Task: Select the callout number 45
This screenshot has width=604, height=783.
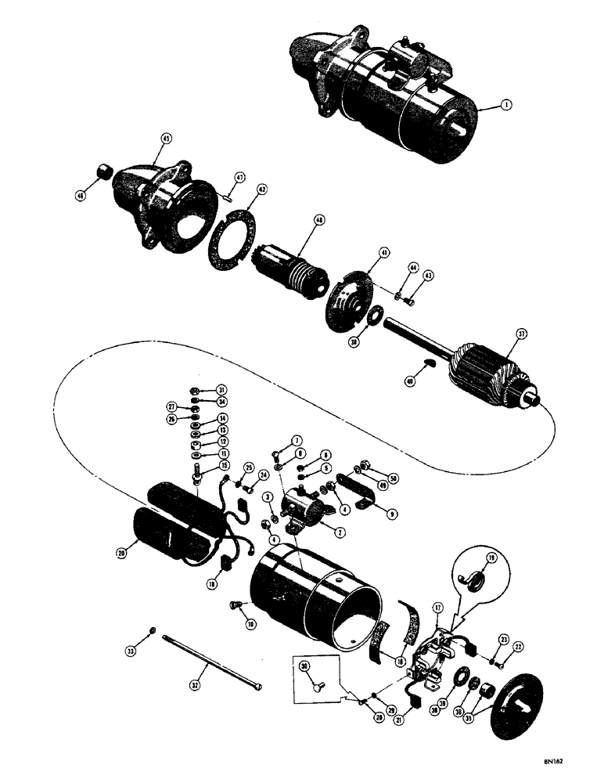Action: (165, 138)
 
